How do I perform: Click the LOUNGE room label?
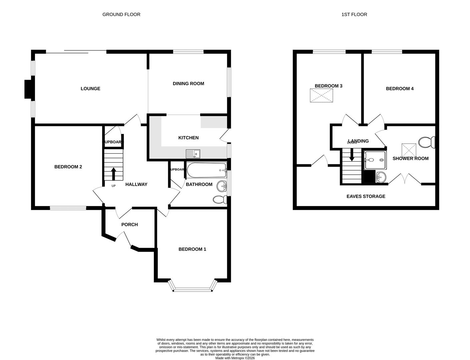(x=90, y=89)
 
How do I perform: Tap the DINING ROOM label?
(x=188, y=84)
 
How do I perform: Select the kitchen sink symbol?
(x=193, y=154)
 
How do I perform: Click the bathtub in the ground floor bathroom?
(x=206, y=170)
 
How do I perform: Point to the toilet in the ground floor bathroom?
(x=219, y=199)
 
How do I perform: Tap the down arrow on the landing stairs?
(x=352, y=155)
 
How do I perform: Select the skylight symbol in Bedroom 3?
(x=322, y=95)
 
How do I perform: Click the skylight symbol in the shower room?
(x=409, y=149)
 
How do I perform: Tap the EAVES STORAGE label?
(x=366, y=196)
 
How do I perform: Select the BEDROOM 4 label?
(x=400, y=89)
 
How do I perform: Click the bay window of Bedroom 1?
(x=193, y=289)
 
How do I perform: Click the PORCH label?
(x=129, y=225)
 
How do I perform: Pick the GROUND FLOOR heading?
(x=121, y=14)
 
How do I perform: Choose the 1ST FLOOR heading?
(x=354, y=14)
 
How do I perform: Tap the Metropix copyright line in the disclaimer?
(x=235, y=358)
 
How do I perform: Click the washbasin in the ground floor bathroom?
(x=221, y=186)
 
